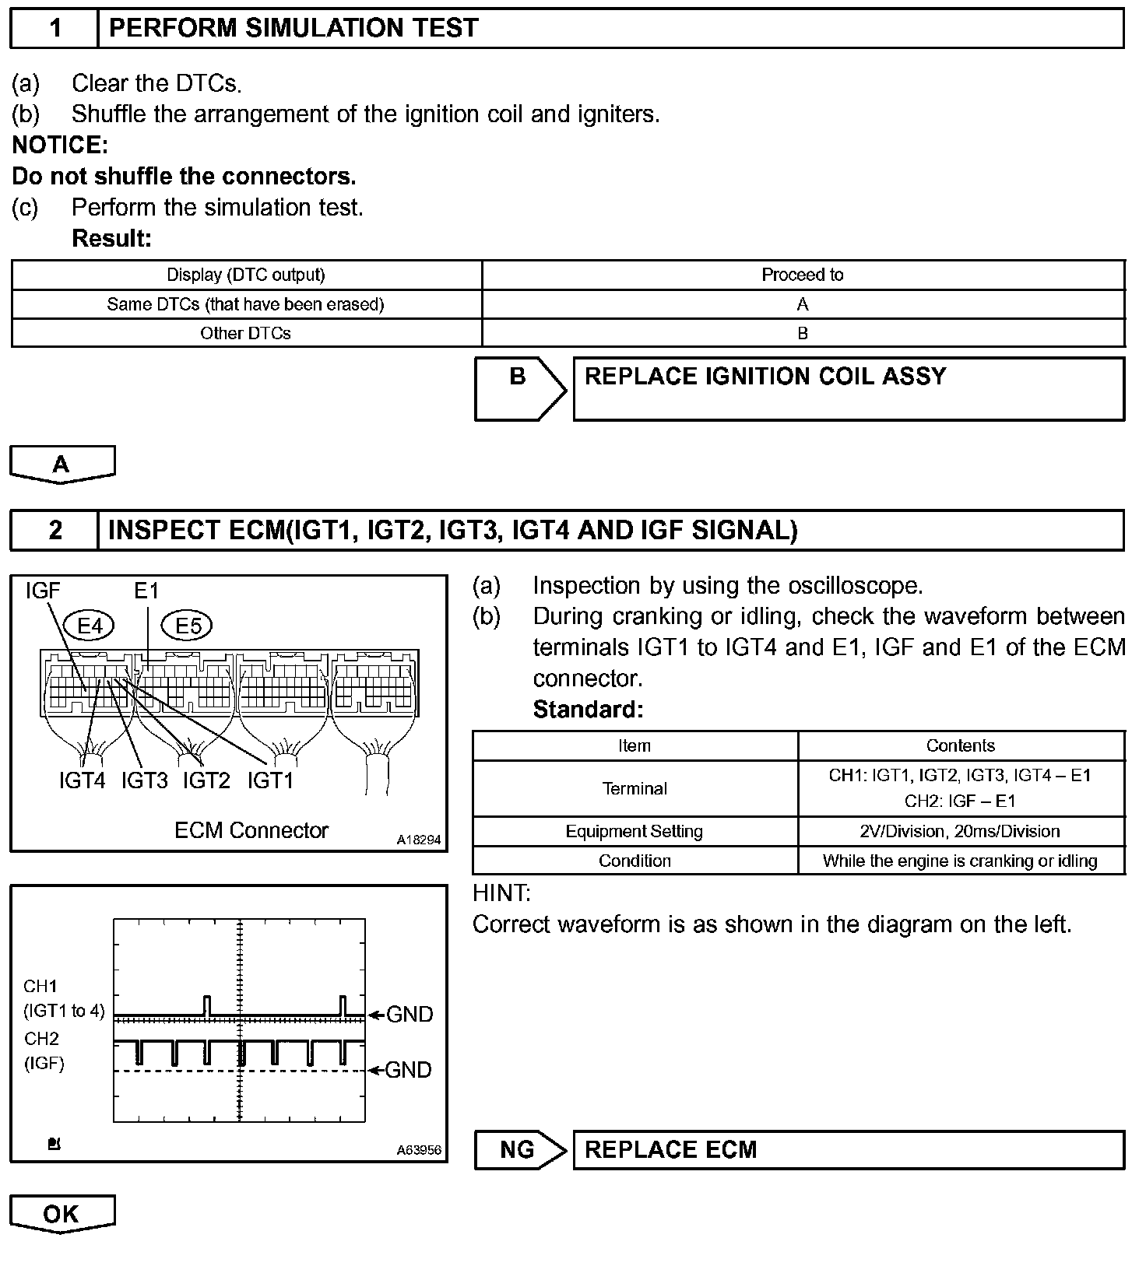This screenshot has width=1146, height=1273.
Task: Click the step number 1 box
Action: [54, 29]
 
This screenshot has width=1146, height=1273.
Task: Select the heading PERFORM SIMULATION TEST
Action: [293, 29]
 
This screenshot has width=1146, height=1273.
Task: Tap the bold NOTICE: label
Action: [60, 146]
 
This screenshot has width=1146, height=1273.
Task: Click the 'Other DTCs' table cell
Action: [245, 333]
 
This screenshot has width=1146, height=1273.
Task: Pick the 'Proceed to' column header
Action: [802, 275]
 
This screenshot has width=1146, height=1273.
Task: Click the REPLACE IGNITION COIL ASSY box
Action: [848, 388]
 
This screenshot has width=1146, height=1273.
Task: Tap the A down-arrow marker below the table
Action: [62, 465]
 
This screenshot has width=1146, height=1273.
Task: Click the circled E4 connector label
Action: [90, 626]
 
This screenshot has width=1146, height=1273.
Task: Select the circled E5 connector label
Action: [188, 626]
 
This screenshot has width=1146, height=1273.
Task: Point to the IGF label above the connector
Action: [43, 591]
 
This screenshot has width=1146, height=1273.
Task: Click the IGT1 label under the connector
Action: [270, 780]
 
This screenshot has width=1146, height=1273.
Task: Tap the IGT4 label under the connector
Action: [82, 780]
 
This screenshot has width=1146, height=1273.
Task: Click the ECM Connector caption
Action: [251, 830]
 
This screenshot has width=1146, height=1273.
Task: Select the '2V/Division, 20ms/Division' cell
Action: [960, 831]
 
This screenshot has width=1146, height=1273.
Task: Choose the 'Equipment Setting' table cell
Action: [634, 831]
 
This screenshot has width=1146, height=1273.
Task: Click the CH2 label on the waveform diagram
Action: [41, 1039]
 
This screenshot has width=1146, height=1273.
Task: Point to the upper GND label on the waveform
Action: [410, 1014]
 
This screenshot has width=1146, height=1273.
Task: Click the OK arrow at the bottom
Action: [62, 1214]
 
